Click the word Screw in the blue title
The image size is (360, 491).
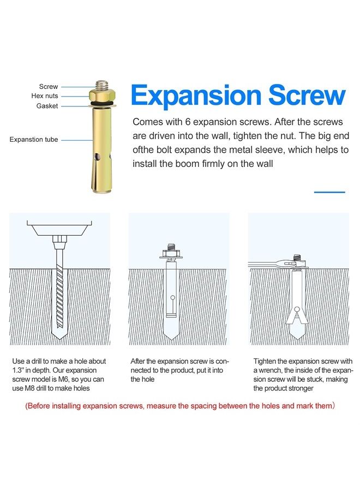(x=307, y=95)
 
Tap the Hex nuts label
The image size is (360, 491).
(x=44, y=96)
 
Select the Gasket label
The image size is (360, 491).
(x=47, y=106)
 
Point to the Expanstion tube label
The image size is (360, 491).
(x=34, y=139)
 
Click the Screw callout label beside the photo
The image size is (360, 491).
(x=49, y=86)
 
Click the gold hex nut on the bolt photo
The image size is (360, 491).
(x=103, y=95)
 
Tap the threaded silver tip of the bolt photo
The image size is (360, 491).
(x=103, y=85)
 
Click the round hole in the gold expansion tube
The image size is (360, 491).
(x=98, y=155)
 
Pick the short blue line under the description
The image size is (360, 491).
(x=329, y=192)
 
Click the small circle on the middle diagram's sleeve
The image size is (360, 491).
(x=172, y=297)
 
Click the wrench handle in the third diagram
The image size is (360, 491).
(x=266, y=264)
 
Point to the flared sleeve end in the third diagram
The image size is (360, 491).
(x=297, y=315)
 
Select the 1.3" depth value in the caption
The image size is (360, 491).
(x=18, y=370)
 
